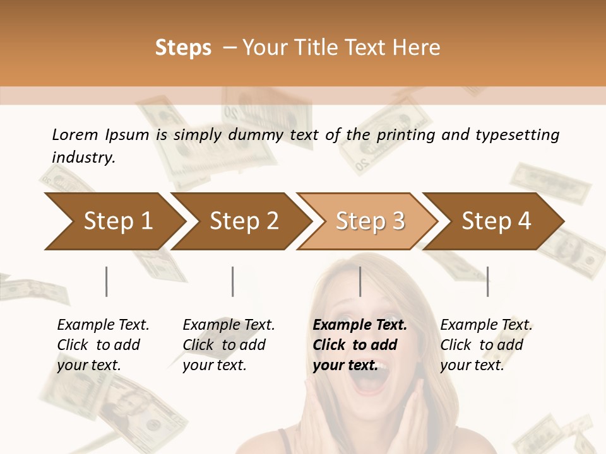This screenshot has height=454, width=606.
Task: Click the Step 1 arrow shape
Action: coord(114,221)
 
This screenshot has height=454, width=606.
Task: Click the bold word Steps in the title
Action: coord(183,48)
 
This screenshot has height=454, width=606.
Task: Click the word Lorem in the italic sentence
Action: coord(74,135)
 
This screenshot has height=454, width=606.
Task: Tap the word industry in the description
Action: coord(83,158)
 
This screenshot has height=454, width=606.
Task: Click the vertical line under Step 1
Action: coord(106,281)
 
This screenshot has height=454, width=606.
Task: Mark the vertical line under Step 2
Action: coord(233,281)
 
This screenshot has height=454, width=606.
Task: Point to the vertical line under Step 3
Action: coord(360,281)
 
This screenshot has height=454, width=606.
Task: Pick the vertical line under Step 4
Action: coord(487,281)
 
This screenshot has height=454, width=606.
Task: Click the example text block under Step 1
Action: coord(103,345)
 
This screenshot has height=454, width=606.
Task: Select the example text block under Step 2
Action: coord(229,345)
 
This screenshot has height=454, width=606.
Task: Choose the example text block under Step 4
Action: coord(486,345)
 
